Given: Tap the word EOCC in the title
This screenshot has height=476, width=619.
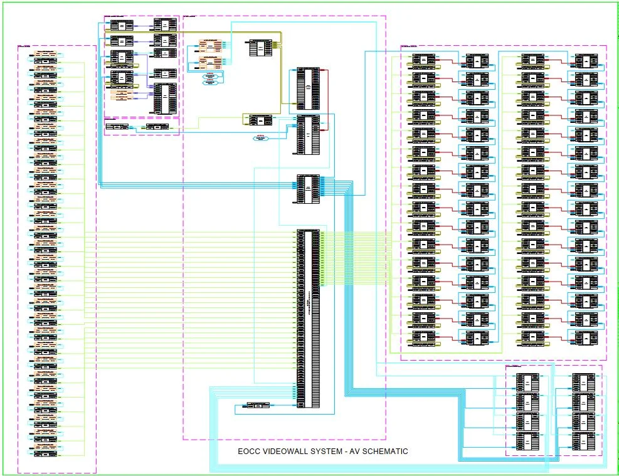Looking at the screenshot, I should (x=248, y=451).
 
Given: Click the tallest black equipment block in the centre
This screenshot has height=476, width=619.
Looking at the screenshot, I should (x=308, y=319).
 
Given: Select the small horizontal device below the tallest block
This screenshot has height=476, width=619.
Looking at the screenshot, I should (x=258, y=405).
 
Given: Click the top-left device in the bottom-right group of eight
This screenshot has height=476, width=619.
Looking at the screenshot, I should (x=526, y=382).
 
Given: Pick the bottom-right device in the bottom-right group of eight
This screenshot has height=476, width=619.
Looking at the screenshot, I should (x=583, y=442).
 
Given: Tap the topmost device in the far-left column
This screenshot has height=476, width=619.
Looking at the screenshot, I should (x=46, y=55).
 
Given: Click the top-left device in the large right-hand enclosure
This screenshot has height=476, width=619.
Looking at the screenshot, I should (x=423, y=61).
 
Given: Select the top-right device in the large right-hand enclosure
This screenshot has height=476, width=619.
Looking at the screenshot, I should (x=586, y=61).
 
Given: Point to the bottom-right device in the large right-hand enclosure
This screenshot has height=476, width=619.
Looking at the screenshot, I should (x=586, y=338).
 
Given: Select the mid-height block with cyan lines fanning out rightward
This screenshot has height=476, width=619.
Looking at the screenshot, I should (x=308, y=188).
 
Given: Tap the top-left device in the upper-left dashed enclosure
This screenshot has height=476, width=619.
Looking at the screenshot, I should (x=121, y=25).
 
